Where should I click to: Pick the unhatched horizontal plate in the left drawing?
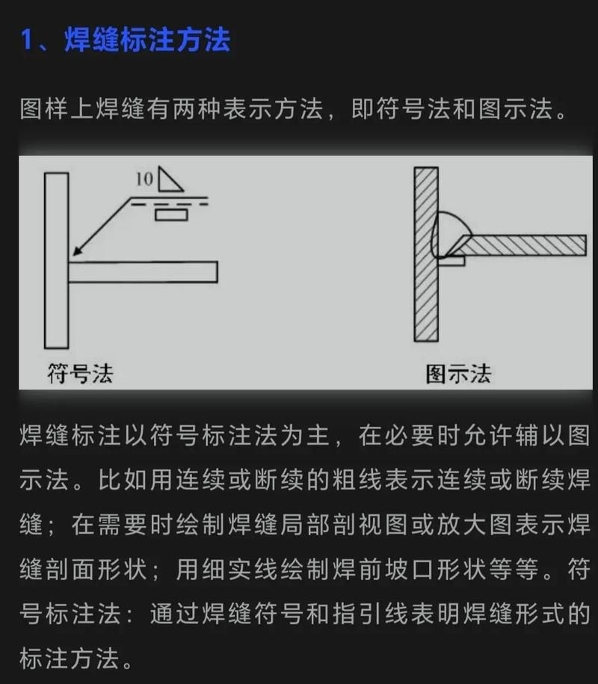tap(143, 272)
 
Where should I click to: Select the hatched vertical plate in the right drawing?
tap(425, 254)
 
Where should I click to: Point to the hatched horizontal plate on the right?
tap(523, 244)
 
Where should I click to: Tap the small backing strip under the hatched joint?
tap(451, 261)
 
